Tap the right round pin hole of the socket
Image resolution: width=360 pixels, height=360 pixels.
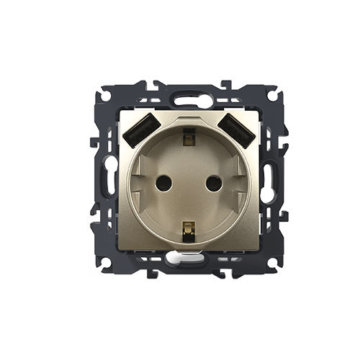[x=213, y=183]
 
